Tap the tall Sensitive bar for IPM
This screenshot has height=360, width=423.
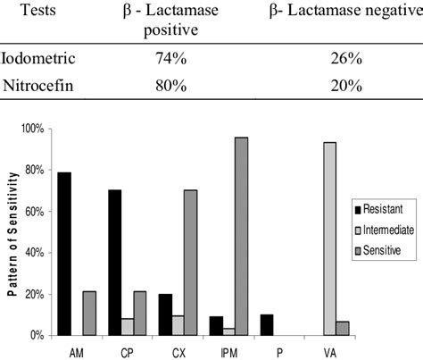240,236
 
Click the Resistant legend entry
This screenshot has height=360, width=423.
375,208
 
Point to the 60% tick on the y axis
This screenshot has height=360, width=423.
33,212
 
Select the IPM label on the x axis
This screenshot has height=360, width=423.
228,350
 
